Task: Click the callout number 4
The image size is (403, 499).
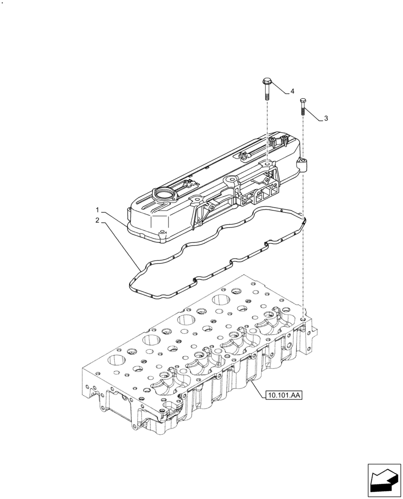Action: coord(292,91)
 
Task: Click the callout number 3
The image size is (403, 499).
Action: coord(326,118)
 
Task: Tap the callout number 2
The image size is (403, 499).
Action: coord(98,220)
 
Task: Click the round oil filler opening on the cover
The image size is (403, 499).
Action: coord(164,194)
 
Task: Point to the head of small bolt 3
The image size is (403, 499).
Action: coord(302,101)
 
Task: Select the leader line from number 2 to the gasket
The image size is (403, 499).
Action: coord(120,245)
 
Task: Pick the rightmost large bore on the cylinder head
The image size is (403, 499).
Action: coord(220,300)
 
